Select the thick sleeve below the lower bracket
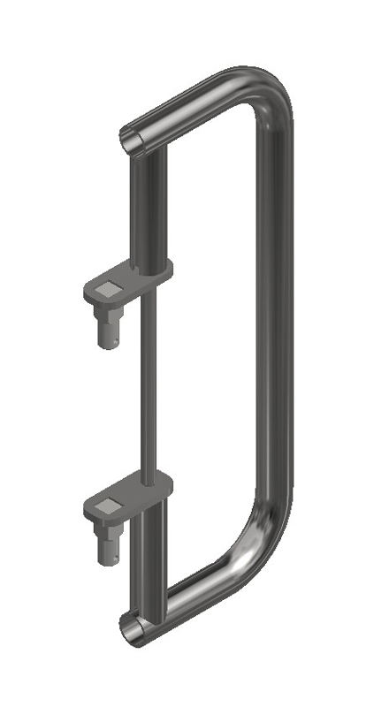click(151, 566)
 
